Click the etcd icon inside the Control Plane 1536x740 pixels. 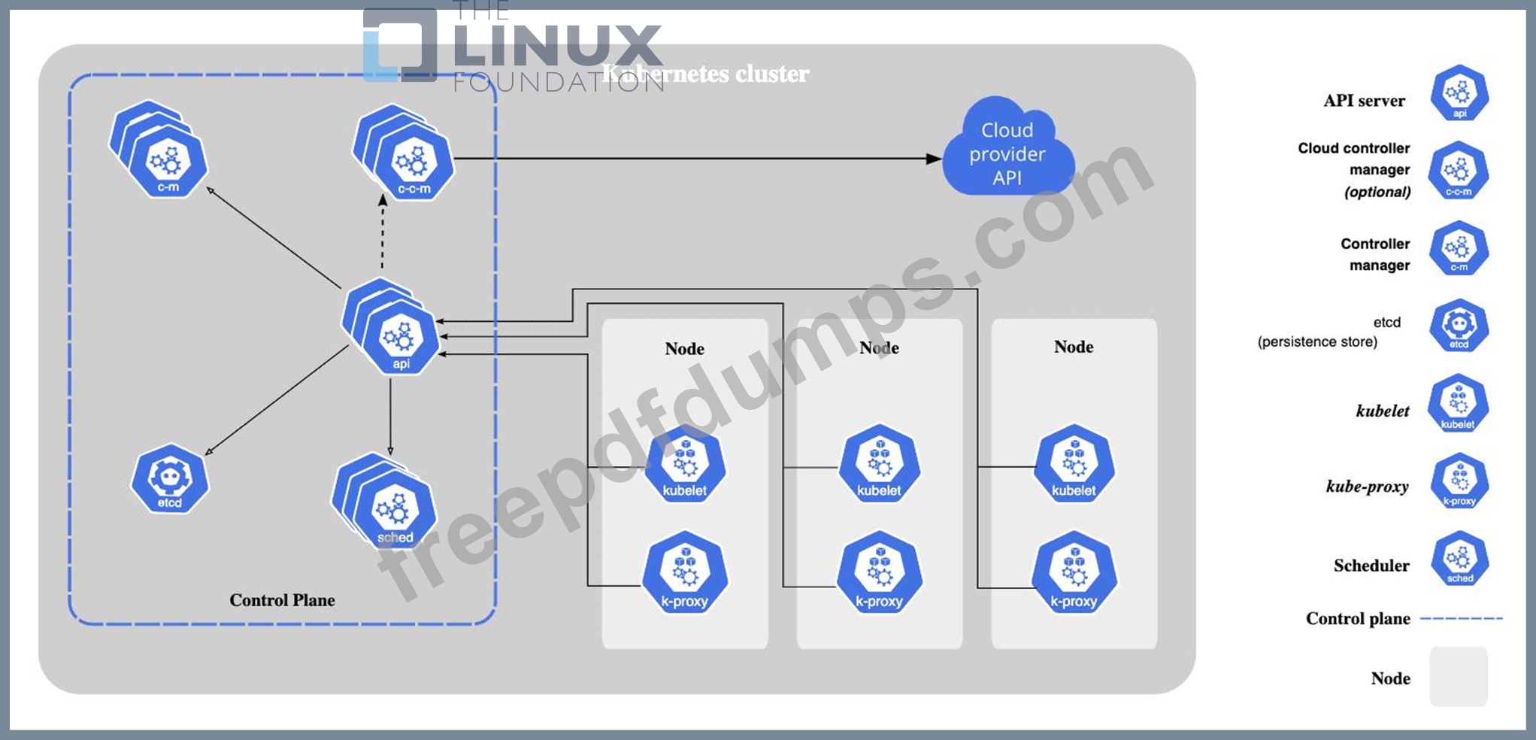(170, 479)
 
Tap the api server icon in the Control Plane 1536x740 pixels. (399, 339)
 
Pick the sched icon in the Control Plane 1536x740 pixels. (395, 511)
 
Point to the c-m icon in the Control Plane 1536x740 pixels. (168, 162)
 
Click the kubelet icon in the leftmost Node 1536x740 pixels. (684, 464)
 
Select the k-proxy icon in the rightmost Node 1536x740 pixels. (1073, 574)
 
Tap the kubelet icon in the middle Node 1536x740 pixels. (878, 464)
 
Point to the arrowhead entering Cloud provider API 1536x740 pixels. (933, 159)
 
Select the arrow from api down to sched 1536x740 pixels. (390, 417)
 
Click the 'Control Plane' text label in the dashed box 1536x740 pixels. (282, 600)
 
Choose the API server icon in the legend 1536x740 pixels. (1459, 93)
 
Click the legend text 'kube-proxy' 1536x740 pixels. (1366, 487)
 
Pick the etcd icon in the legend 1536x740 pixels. (1459, 326)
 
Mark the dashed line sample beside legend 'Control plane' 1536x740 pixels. (1461, 618)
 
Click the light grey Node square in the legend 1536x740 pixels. (1458, 676)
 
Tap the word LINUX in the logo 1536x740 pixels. (558, 46)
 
